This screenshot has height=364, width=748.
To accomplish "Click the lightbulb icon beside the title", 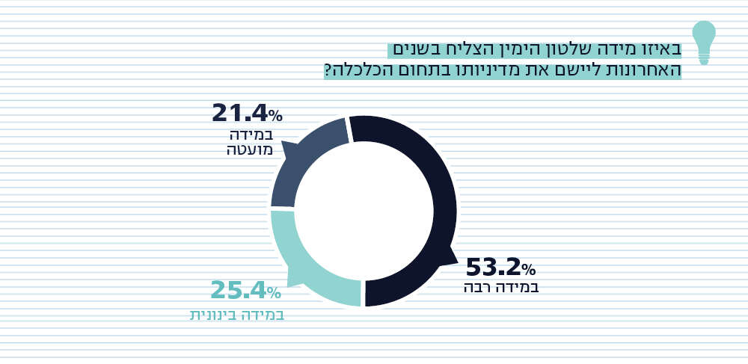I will click(703, 41).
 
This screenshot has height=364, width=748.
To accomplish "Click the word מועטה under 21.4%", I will click(250, 149).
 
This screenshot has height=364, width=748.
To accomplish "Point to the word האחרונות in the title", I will click(642, 71).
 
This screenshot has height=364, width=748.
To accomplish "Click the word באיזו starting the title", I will click(661, 49).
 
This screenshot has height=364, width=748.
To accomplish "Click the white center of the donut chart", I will click(364, 211).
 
